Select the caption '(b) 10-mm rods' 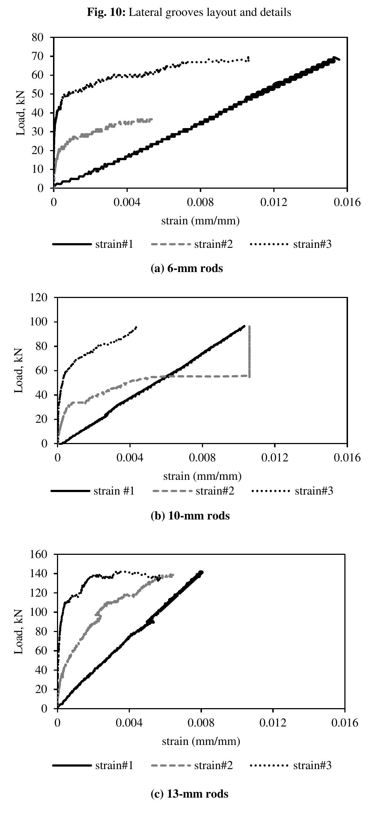click(x=190, y=516)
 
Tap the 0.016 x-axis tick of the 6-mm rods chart click(x=347, y=203)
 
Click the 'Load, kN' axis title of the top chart click(x=22, y=113)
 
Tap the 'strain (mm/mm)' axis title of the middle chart click(x=202, y=476)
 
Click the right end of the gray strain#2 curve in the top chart click(x=152, y=119)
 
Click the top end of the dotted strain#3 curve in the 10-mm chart click(x=136, y=327)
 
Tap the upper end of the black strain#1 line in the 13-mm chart click(x=201, y=572)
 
